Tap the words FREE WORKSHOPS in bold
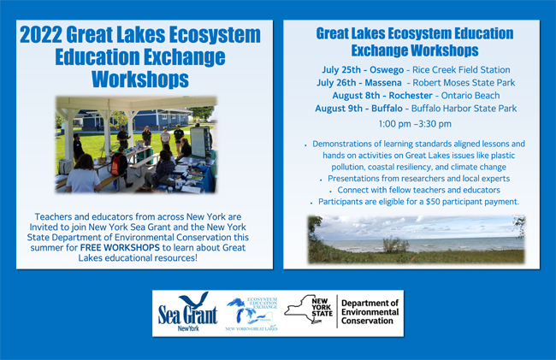pyautogui.click(x=120, y=247)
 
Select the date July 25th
pyautogui.click(x=341, y=70)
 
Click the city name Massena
pyautogui.click(x=383, y=83)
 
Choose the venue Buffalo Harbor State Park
pyautogui.click(x=464, y=108)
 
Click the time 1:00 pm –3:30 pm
pyautogui.click(x=415, y=124)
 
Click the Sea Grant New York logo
pyautogui.click(x=187, y=312)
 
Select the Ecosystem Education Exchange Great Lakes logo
pyautogui.click(x=251, y=314)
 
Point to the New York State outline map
pyautogui.click(x=308, y=310)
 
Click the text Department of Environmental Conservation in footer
pyautogui.click(x=370, y=312)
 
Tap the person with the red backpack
pyautogui.click(x=119, y=167)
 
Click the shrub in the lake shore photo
pyautogui.click(x=395, y=245)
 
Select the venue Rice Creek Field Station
pyautogui.click(x=461, y=70)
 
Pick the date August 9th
pyautogui.click(x=339, y=108)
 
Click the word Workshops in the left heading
pyautogui.click(x=140, y=79)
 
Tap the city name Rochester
pyautogui.click(x=411, y=95)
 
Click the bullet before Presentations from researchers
pyautogui.click(x=321, y=180)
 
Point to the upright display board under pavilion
pyautogui.click(x=200, y=142)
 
